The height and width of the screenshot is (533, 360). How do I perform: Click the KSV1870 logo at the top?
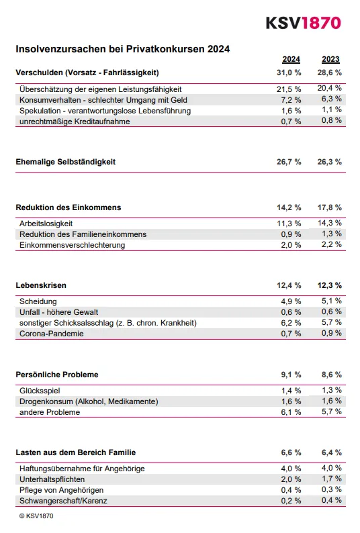tap(302, 22)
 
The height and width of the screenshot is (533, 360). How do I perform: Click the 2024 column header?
tap(291, 59)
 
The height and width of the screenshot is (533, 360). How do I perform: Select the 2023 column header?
tap(330, 59)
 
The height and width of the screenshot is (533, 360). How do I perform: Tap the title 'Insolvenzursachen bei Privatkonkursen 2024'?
tap(123, 49)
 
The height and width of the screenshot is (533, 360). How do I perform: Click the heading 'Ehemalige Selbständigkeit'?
tap(66, 162)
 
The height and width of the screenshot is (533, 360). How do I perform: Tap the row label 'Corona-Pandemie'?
tap(52, 334)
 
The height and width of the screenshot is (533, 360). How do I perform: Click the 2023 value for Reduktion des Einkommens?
tap(330, 207)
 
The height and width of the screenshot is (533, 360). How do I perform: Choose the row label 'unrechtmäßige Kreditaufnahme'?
tap(75, 121)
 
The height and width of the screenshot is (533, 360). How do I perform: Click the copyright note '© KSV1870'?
tap(36, 516)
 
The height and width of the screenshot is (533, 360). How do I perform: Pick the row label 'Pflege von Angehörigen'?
tap(62, 490)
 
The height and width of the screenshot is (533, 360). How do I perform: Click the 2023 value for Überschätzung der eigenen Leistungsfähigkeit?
tap(330, 89)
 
